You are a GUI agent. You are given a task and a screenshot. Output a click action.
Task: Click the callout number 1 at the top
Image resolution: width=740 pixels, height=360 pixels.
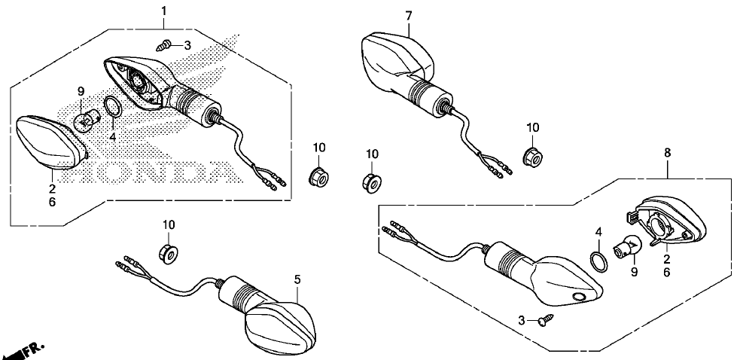164,11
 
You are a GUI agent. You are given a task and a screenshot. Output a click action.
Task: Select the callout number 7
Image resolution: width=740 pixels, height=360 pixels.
409,16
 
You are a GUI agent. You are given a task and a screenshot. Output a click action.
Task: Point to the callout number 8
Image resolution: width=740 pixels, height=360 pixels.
667,153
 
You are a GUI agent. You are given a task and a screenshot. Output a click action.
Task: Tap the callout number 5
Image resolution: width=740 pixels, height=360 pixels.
297,279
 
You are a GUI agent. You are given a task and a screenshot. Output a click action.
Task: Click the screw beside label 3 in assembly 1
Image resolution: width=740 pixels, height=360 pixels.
163,46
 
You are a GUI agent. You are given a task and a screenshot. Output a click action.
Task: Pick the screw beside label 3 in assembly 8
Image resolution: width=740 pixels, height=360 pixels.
546,319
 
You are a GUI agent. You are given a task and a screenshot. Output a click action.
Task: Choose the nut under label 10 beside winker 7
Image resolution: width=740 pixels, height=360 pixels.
533,155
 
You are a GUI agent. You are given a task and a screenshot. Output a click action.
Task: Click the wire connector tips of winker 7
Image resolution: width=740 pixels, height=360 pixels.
502,169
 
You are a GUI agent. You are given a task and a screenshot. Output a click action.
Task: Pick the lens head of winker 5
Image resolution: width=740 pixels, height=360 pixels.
281,327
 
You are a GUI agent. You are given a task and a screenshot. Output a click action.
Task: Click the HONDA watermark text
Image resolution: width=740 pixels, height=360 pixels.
157,172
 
